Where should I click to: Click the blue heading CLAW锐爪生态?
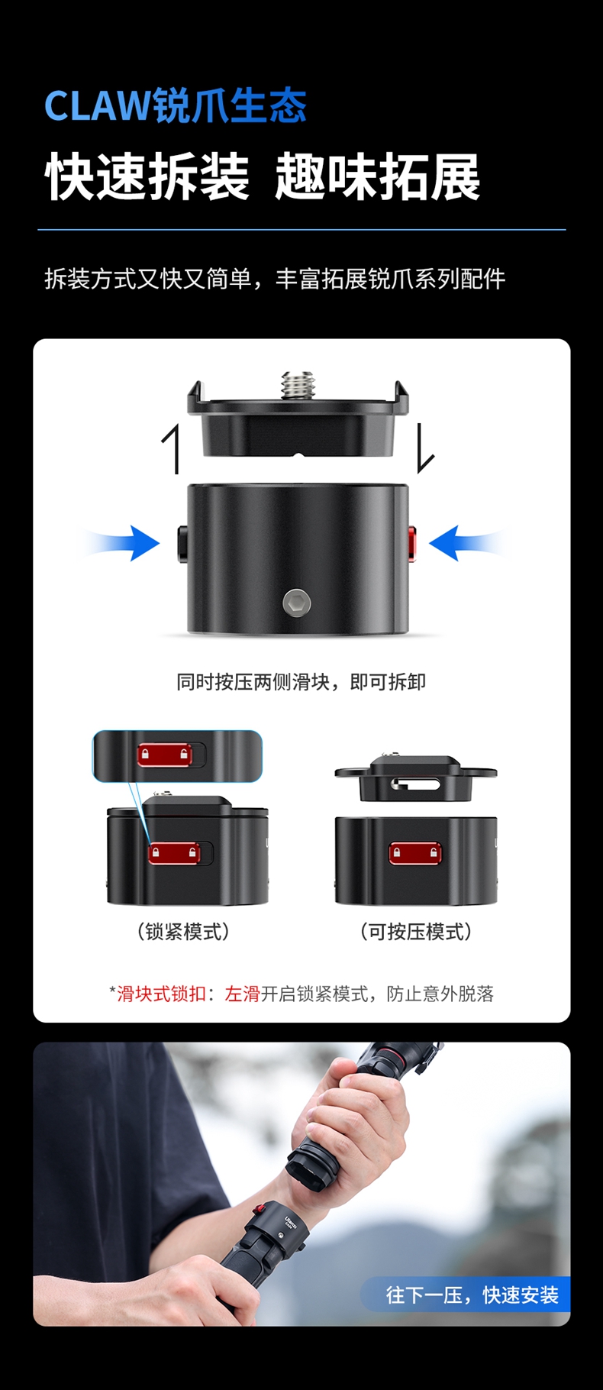coord(175,105)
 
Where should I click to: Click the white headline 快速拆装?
coord(148,177)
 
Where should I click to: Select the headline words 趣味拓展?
coord(378,177)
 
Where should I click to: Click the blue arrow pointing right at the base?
coord(120,543)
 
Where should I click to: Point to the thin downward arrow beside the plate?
coord(425,448)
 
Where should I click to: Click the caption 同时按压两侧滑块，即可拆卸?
coord(301,682)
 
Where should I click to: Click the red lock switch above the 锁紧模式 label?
coord(174,852)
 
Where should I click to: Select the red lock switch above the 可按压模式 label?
coord(415,852)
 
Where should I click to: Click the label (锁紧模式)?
coord(183,932)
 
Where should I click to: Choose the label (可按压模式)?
coord(416,932)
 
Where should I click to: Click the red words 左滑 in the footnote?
coord(243,994)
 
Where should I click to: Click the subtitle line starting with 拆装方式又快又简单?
coord(275,279)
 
